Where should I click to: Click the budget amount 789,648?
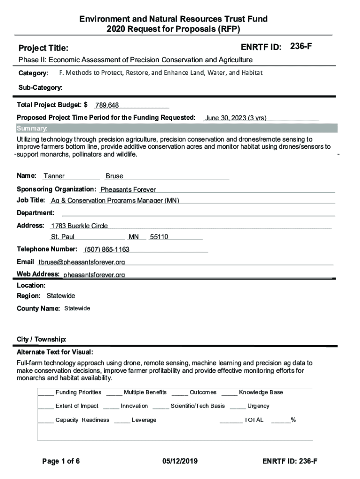tap(107, 105)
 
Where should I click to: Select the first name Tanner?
tap(54, 176)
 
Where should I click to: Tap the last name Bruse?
tap(115, 176)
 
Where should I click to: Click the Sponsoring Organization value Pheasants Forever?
tap(128, 189)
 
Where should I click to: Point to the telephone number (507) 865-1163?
tap(107, 249)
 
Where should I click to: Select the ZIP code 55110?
tap(159, 237)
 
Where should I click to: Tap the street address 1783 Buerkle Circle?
tap(79, 226)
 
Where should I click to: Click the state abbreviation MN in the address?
tap(134, 237)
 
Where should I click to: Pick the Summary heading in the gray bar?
tap(32, 129)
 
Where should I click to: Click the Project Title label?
tap(43, 48)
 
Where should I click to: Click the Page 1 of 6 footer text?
tap(61, 462)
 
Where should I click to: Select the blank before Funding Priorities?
tap(46, 392)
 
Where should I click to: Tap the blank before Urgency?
tap(238, 406)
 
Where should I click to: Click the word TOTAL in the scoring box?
tap(254, 420)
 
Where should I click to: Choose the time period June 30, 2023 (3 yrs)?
tap(236, 118)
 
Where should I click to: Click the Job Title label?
tap(31, 200)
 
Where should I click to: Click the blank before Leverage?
tap(122, 420)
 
